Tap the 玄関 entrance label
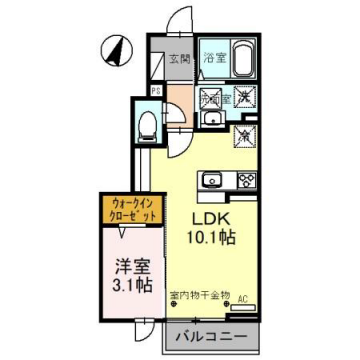178,58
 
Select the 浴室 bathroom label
213,58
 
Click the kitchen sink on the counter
213,181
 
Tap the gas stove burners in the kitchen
243,181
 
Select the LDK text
210,218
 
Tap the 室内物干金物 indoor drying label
200,295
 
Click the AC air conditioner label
242,296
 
